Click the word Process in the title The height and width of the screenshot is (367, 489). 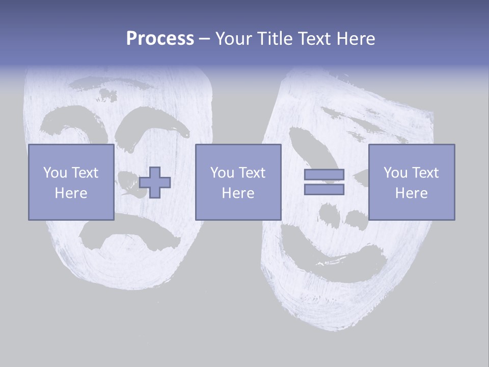coord(160,39)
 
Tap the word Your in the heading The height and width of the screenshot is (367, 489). coord(233,39)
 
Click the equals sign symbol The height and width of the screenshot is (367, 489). coord(324,182)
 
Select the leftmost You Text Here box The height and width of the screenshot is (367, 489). coord(71,182)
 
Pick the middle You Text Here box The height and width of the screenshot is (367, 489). coord(238,182)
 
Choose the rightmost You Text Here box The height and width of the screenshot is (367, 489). coord(411,182)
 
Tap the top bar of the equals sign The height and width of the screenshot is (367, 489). coord(324,175)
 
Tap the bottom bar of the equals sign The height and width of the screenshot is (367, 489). coord(324,189)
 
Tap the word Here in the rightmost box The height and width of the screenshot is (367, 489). coord(411,193)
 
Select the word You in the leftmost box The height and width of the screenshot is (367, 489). coord(55,173)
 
